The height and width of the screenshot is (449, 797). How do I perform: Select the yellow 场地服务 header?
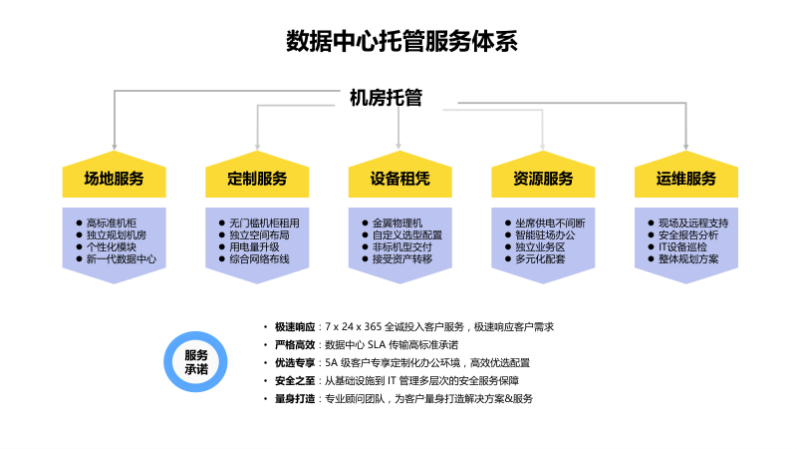click(x=113, y=180)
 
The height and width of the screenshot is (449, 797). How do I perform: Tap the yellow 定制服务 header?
click(x=256, y=180)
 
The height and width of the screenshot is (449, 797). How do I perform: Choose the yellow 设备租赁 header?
click(x=399, y=180)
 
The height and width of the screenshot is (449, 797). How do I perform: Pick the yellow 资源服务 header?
click(x=543, y=180)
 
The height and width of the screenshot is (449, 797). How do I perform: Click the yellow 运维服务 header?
click(x=686, y=180)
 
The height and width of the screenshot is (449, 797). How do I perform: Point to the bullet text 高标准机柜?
click(x=112, y=223)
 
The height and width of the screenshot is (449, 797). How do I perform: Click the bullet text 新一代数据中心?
click(x=121, y=258)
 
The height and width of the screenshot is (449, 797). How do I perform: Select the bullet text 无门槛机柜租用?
click(x=264, y=223)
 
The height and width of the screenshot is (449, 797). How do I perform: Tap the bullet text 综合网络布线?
click(x=259, y=258)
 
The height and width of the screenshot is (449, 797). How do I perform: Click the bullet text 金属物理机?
click(x=398, y=223)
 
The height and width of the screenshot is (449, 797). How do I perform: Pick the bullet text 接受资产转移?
click(x=402, y=258)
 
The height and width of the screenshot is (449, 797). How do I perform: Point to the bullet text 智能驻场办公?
click(x=546, y=234)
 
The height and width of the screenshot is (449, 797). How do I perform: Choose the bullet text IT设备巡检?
click(x=682, y=246)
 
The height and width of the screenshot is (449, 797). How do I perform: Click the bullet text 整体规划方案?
click(x=688, y=258)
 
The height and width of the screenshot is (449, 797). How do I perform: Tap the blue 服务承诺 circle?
click(x=196, y=362)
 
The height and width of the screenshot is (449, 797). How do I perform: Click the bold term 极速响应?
click(x=295, y=326)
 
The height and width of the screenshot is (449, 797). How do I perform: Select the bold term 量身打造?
click(x=295, y=398)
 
